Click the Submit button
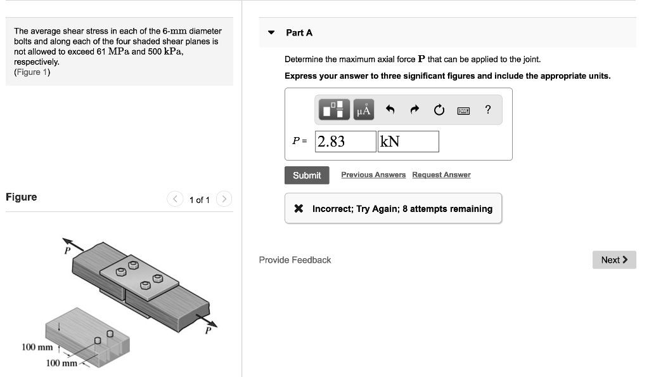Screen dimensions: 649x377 (x=307, y=175)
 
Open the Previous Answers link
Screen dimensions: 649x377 (x=373, y=175)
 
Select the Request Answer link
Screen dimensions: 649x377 (x=441, y=175)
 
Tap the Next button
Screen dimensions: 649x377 (x=614, y=260)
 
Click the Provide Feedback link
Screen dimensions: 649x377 (x=295, y=260)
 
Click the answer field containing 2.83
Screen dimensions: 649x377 (x=345, y=142)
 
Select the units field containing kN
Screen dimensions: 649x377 (x=408, y=142)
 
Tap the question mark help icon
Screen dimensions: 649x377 (x=488, y=109)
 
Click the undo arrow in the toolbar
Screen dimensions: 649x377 (x=390, y=109)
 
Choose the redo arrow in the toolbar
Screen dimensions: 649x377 (x=414, y=109)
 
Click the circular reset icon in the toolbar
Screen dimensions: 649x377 (x=439, y=110)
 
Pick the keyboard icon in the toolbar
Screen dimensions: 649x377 (x=463, y=110)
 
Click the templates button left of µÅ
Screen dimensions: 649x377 (x=334, y=109)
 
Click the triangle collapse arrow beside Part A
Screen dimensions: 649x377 (x=271, y=32)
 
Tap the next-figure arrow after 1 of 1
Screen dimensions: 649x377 (x=224, y=199)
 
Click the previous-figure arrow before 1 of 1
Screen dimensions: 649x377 (x=175, y=199)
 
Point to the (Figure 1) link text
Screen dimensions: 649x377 (x=32, y=72)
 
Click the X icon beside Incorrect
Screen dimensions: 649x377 (x=299, y=208)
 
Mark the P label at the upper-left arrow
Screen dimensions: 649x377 (x=67, y=251)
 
